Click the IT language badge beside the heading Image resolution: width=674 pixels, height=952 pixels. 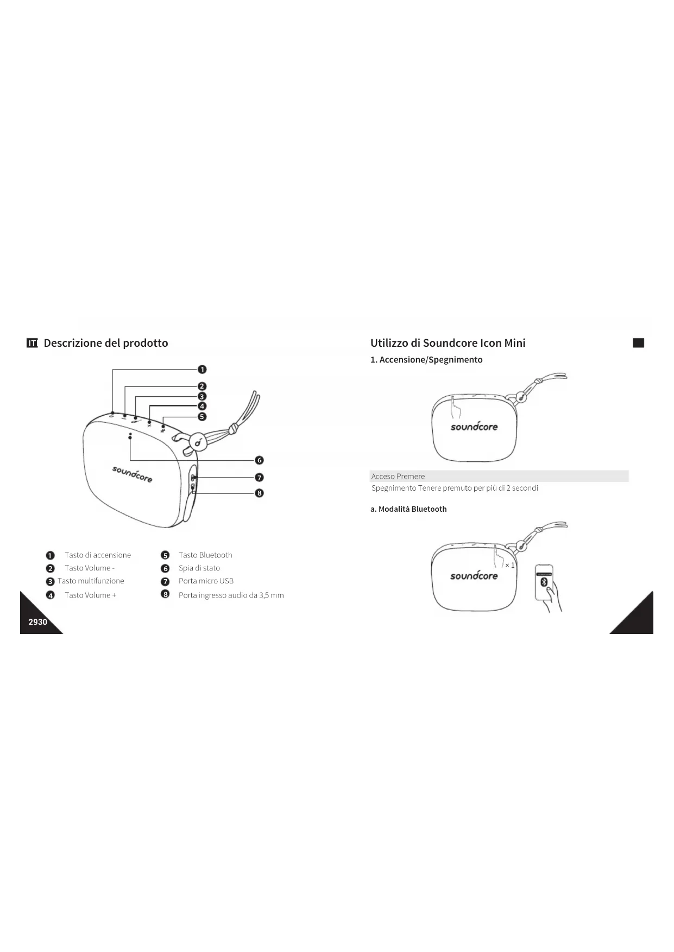(33, 343)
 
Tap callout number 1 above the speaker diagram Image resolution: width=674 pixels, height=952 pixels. (202, 370)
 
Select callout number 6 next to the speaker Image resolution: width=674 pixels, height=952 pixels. (259, 460)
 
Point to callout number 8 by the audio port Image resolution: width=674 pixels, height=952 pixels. (259, 493)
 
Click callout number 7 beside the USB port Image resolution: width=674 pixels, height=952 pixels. (259, 478)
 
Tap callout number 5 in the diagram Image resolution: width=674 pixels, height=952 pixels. (202, 417)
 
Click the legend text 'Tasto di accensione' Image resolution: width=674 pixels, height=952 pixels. (98, 555)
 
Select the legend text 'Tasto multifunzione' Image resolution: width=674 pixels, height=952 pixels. (91, 581)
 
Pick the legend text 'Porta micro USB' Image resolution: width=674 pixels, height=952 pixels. (206, 581)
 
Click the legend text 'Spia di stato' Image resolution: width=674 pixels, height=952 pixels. (199, 568)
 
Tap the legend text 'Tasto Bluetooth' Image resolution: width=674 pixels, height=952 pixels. (205, 555)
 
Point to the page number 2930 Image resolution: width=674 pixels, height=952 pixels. (38, 622)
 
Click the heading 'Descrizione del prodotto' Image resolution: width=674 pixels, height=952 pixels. (106, 343)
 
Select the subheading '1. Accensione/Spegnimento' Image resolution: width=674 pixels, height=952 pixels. (426, 360)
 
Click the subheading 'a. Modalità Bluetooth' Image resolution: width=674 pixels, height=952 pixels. (408, 509)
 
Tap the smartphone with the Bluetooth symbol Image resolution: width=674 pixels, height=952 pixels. (544, 582)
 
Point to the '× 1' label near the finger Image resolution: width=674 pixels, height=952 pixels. (509, 566)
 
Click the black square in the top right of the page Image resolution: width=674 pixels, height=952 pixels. (639, 343)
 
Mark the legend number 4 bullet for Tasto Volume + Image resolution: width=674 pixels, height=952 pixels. (51, 595)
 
